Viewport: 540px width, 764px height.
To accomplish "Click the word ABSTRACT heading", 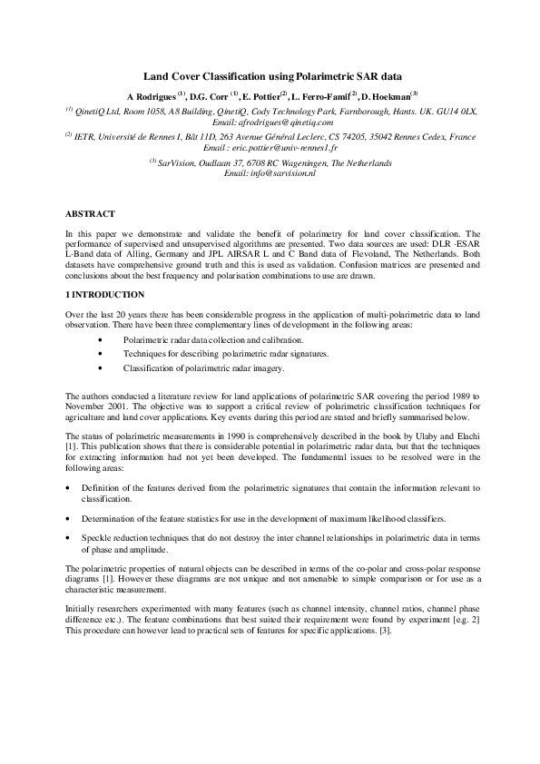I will click(90, 213).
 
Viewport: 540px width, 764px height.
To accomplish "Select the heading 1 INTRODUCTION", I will click(104, 295).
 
